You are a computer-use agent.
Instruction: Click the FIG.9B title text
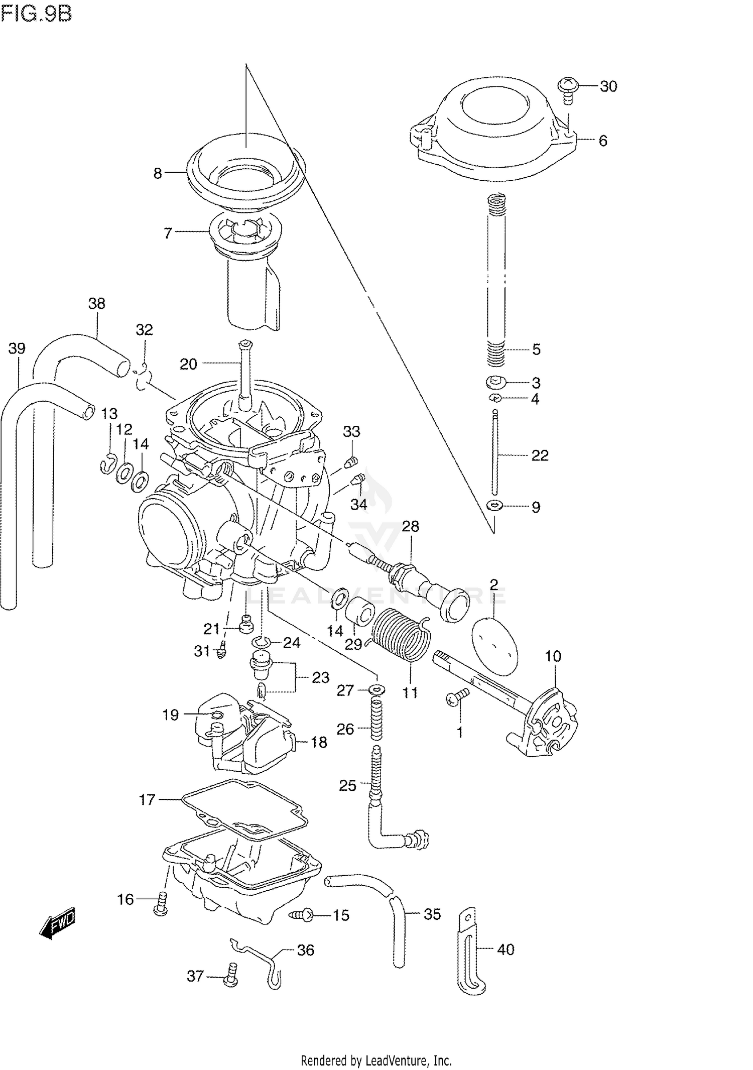point(37,14)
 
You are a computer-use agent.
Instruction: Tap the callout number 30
point(608,86)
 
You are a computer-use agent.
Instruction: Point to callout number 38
point(96,303)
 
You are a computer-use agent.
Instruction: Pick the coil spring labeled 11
point(402,634)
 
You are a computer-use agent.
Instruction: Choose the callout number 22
point(540,455)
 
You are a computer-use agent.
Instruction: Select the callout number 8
point(158,173)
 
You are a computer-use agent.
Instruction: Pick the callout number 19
point(170,715)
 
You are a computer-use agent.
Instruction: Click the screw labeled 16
point(161,904)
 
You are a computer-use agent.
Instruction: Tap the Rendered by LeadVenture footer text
point(376,1060)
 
